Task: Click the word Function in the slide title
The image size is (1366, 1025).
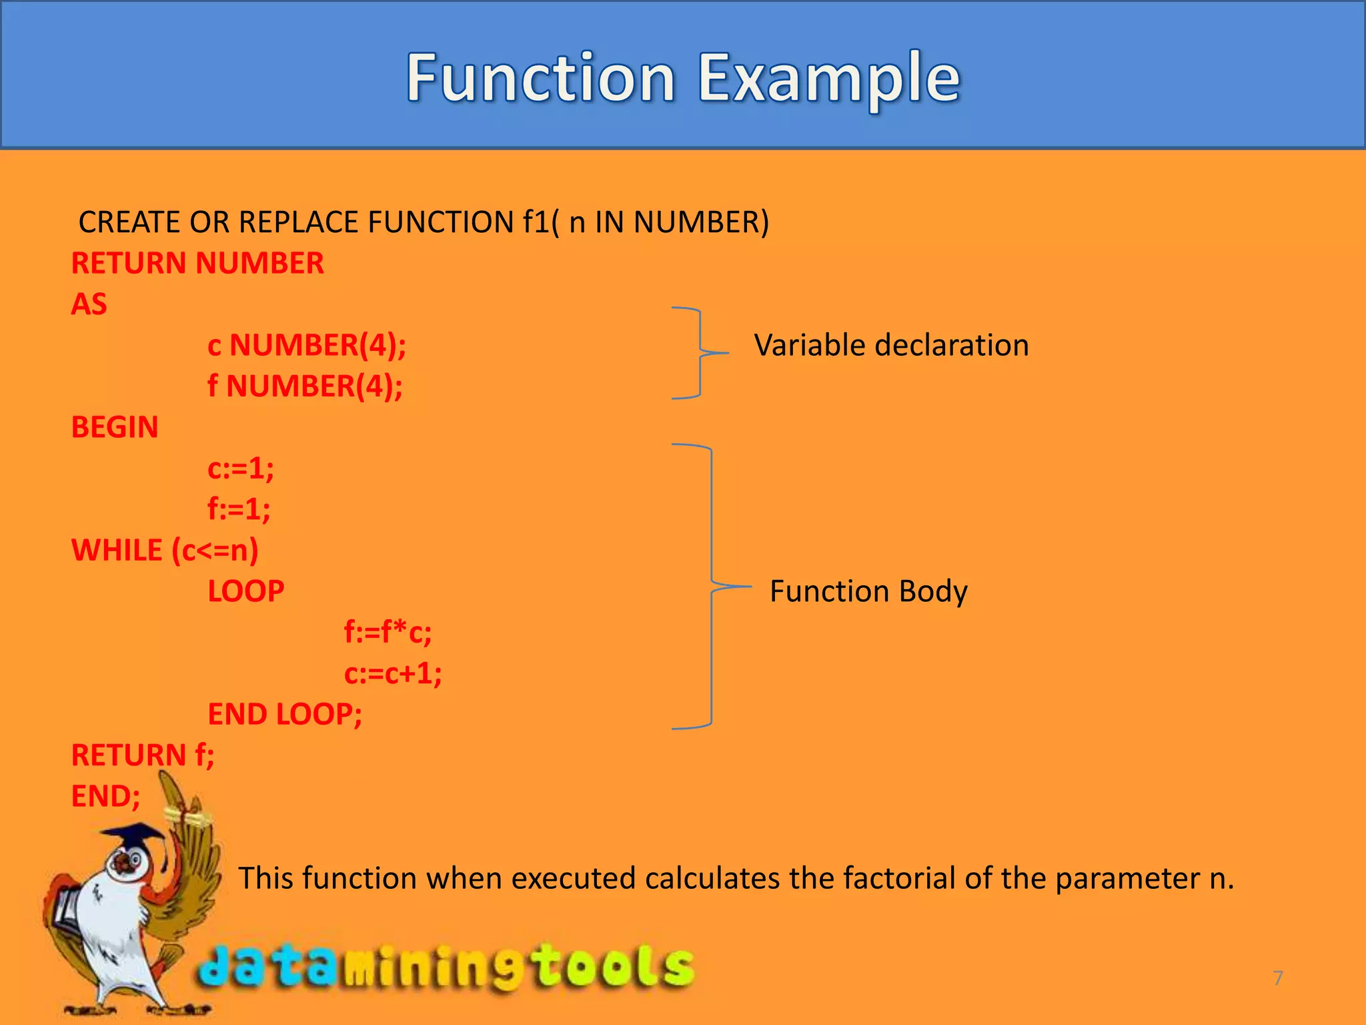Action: [541, 79]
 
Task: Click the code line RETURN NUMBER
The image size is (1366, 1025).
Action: [197, 264]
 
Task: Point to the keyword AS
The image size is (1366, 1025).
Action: [89, 304]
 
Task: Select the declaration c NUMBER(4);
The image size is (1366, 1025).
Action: [307, 346]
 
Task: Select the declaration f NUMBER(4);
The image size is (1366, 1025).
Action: [305, 386]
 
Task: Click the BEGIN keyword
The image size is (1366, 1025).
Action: [115, 428]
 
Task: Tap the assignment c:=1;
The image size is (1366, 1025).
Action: [240, 468]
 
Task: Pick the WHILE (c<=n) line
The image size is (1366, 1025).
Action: [165, 551]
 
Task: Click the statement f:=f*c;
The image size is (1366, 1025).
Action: [388, 633]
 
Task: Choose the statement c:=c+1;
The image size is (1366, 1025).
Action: [392, 673]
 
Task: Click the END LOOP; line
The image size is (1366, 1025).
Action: [285, 715]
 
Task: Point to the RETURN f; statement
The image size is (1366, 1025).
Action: [143, 755]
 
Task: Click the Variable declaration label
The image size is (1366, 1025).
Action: [891, 346]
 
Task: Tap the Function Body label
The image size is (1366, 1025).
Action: [868, 591]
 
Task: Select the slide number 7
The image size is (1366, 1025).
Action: [1278, 978]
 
